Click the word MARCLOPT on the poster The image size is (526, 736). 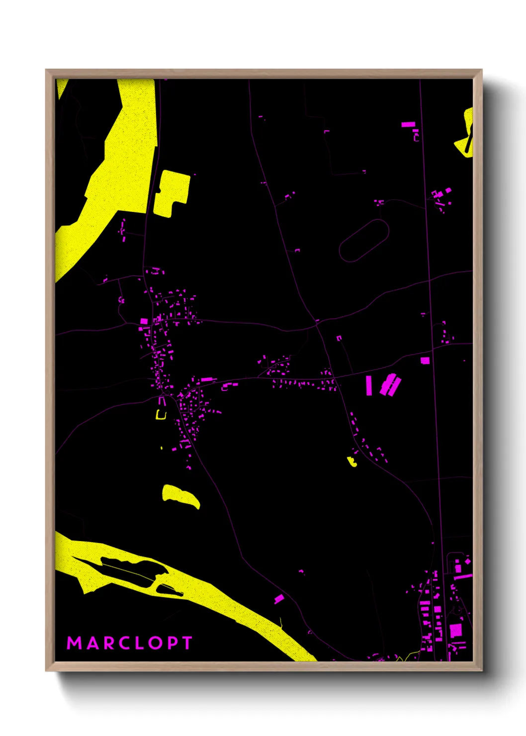tap(129, 643)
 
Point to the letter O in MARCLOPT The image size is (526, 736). tap(155, 643)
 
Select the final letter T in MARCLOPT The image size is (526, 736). tap(187, 643)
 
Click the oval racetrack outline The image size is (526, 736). tap(364, 241)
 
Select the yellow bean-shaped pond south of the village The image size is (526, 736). tap(180, 496)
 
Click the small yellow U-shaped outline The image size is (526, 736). tap(161, 415)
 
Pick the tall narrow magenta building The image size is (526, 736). tap(369, 385)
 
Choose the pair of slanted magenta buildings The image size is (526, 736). tap(391, 385)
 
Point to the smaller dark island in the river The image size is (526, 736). tap(169, 590)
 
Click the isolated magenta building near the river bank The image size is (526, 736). tap(279, 599)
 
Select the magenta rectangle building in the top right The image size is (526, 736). tap(408, 124)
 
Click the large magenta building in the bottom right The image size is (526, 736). tap(456, 631)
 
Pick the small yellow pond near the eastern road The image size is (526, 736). tap(352, 462)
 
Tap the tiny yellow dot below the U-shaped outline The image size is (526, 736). tap(162, 448)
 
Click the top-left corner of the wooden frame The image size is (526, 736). tap(47, 71)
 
